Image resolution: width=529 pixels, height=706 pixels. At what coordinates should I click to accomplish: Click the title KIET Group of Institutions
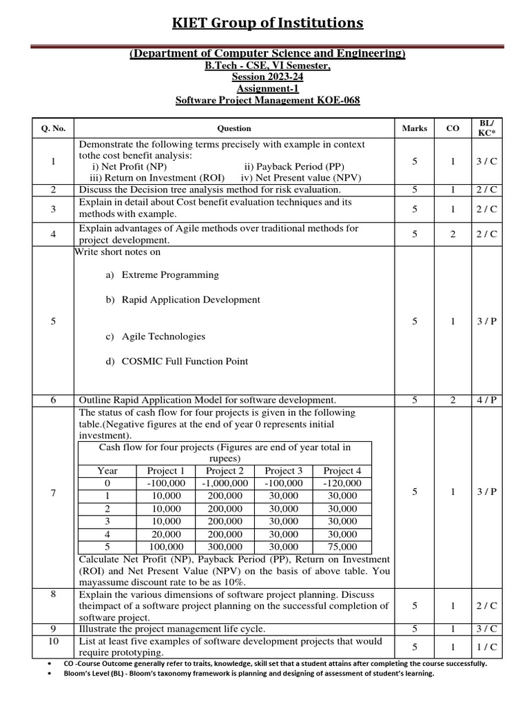coord(267,23)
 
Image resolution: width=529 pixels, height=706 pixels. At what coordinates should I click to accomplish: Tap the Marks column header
coord(414,128)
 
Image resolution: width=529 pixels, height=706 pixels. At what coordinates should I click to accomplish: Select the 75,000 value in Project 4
coord(342,547)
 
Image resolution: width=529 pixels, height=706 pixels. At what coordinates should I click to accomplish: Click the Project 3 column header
coord(283,470)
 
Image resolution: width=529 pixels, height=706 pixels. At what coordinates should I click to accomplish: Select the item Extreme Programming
coord(169,274)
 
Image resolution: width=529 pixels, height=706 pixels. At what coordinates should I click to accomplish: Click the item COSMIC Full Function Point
coord(185,361)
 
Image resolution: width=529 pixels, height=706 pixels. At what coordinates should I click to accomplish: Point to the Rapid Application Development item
coord(191,299)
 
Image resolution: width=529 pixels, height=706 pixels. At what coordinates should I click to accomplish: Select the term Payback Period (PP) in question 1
coord(293,166)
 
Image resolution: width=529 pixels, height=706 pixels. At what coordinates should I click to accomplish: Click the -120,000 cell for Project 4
coord(342,483)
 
